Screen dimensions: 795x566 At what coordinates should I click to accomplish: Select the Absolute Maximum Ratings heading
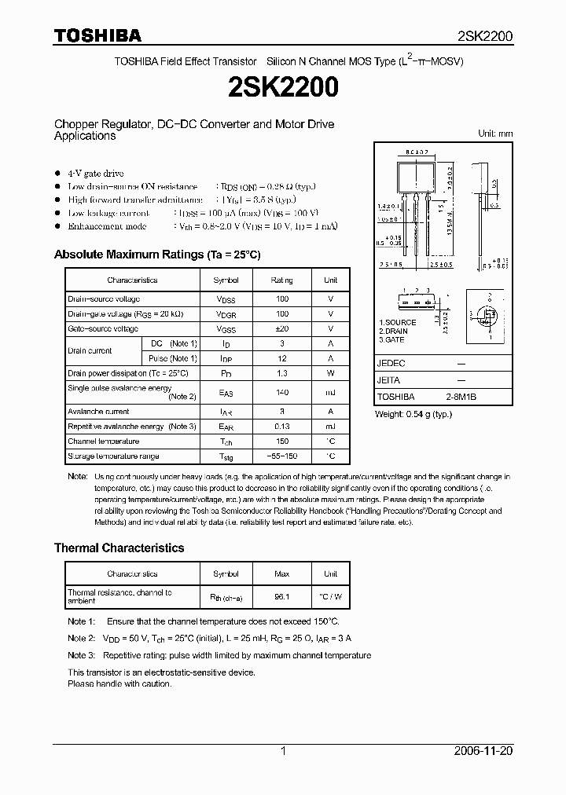[156, 255]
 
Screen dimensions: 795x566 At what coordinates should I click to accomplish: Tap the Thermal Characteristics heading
[119, 548]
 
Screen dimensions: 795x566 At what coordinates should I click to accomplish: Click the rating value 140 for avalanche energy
[282, 392]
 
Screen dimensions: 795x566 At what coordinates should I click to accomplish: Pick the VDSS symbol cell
[226, 299]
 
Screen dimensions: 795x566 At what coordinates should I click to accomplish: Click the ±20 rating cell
[282, 328]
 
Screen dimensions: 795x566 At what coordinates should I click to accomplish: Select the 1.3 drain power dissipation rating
[282, 373]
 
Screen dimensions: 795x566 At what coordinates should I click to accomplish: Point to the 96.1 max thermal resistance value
[282, 596]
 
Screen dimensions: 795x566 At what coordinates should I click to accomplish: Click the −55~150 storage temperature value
[282, 456]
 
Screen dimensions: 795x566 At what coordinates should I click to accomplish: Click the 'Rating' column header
[282, 280]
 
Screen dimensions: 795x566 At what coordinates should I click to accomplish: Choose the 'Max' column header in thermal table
[282, 573]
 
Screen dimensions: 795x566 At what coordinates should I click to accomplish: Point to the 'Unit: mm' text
[495, 134]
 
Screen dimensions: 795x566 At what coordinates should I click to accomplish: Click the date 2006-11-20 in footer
[483, 751]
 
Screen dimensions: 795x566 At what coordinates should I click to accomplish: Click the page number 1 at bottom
[283, 751]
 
